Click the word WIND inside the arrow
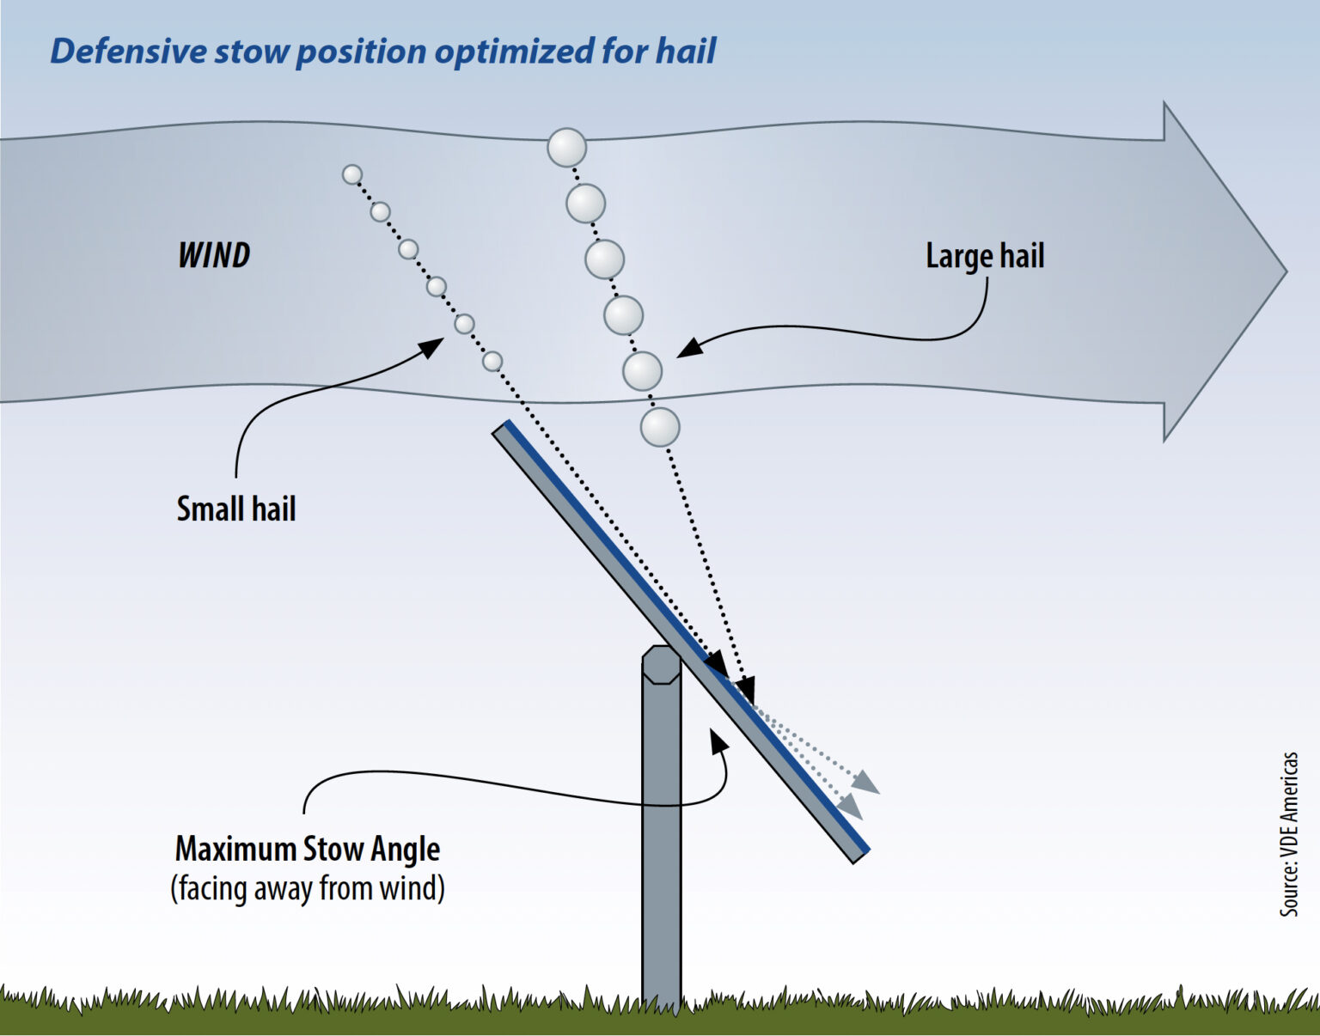(214, 255)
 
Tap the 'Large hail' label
(985, 256)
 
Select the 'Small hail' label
(236, 509)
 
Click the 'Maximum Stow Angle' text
(308, 849)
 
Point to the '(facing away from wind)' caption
(308, 888)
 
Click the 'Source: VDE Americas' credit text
(1289, 834)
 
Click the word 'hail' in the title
(686, 51)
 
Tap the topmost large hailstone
(567, 148)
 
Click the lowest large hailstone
(660, 428)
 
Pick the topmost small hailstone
(352, 174)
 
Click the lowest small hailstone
(492, 361)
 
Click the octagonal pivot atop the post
(661, 665)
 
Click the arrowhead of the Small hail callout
(434, 344)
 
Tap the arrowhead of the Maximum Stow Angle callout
(718, 738)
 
